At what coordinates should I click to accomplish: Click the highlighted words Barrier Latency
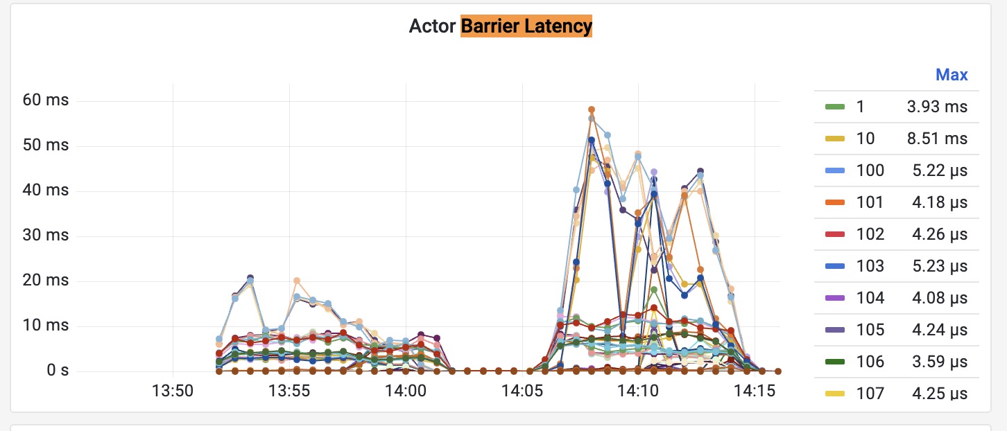tap(526, 26)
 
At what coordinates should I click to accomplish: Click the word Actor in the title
tap(433, 26)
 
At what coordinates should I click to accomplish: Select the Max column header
tap(952, 75)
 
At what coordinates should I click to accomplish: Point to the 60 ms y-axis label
tap(45, 100)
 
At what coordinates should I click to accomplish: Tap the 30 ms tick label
tap(45, 236)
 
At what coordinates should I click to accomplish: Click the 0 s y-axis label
tap(58, 371)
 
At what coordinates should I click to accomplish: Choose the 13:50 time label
tap(173, 392)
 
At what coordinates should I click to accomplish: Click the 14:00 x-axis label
tap(406, 392)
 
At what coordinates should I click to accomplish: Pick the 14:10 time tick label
tap(639, 392)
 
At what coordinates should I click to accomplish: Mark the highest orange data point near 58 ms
tap(592, 109)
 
